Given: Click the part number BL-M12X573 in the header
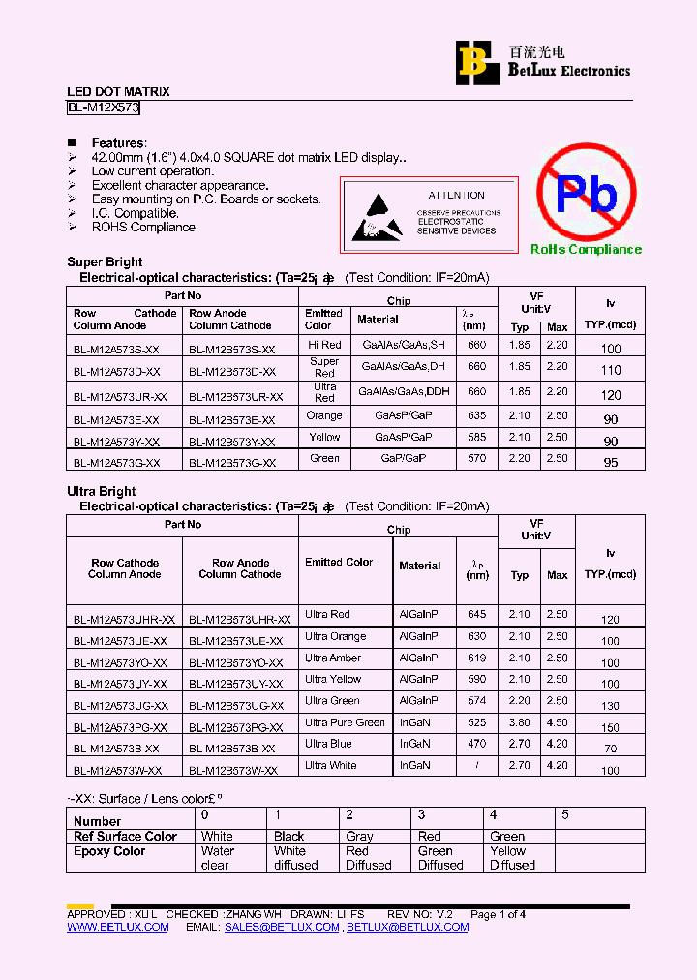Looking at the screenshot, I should [104, 108].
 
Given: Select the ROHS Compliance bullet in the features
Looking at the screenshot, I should [144, 228].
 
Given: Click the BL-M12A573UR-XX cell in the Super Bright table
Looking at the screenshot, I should [120, 397].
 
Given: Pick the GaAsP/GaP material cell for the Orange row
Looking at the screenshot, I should [404, 415].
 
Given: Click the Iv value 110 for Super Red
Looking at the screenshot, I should [610, 371].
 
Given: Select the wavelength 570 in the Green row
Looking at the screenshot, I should [476, 458].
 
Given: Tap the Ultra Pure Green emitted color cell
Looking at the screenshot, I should [345, 722].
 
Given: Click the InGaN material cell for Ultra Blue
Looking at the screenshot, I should [414, 744].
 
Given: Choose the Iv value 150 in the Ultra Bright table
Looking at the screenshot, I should [610, 727].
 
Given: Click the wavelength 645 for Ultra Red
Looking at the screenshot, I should [476, 615].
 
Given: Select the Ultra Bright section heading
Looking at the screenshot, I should [102, 491].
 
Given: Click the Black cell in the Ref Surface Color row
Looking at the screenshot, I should [288, 836].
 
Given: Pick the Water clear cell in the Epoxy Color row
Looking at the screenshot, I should [218, 858].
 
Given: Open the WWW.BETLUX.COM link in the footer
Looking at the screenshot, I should [117, 927].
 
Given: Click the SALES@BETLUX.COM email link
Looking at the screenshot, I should [282, 927].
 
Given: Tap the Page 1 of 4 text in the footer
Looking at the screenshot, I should [498, 914].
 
